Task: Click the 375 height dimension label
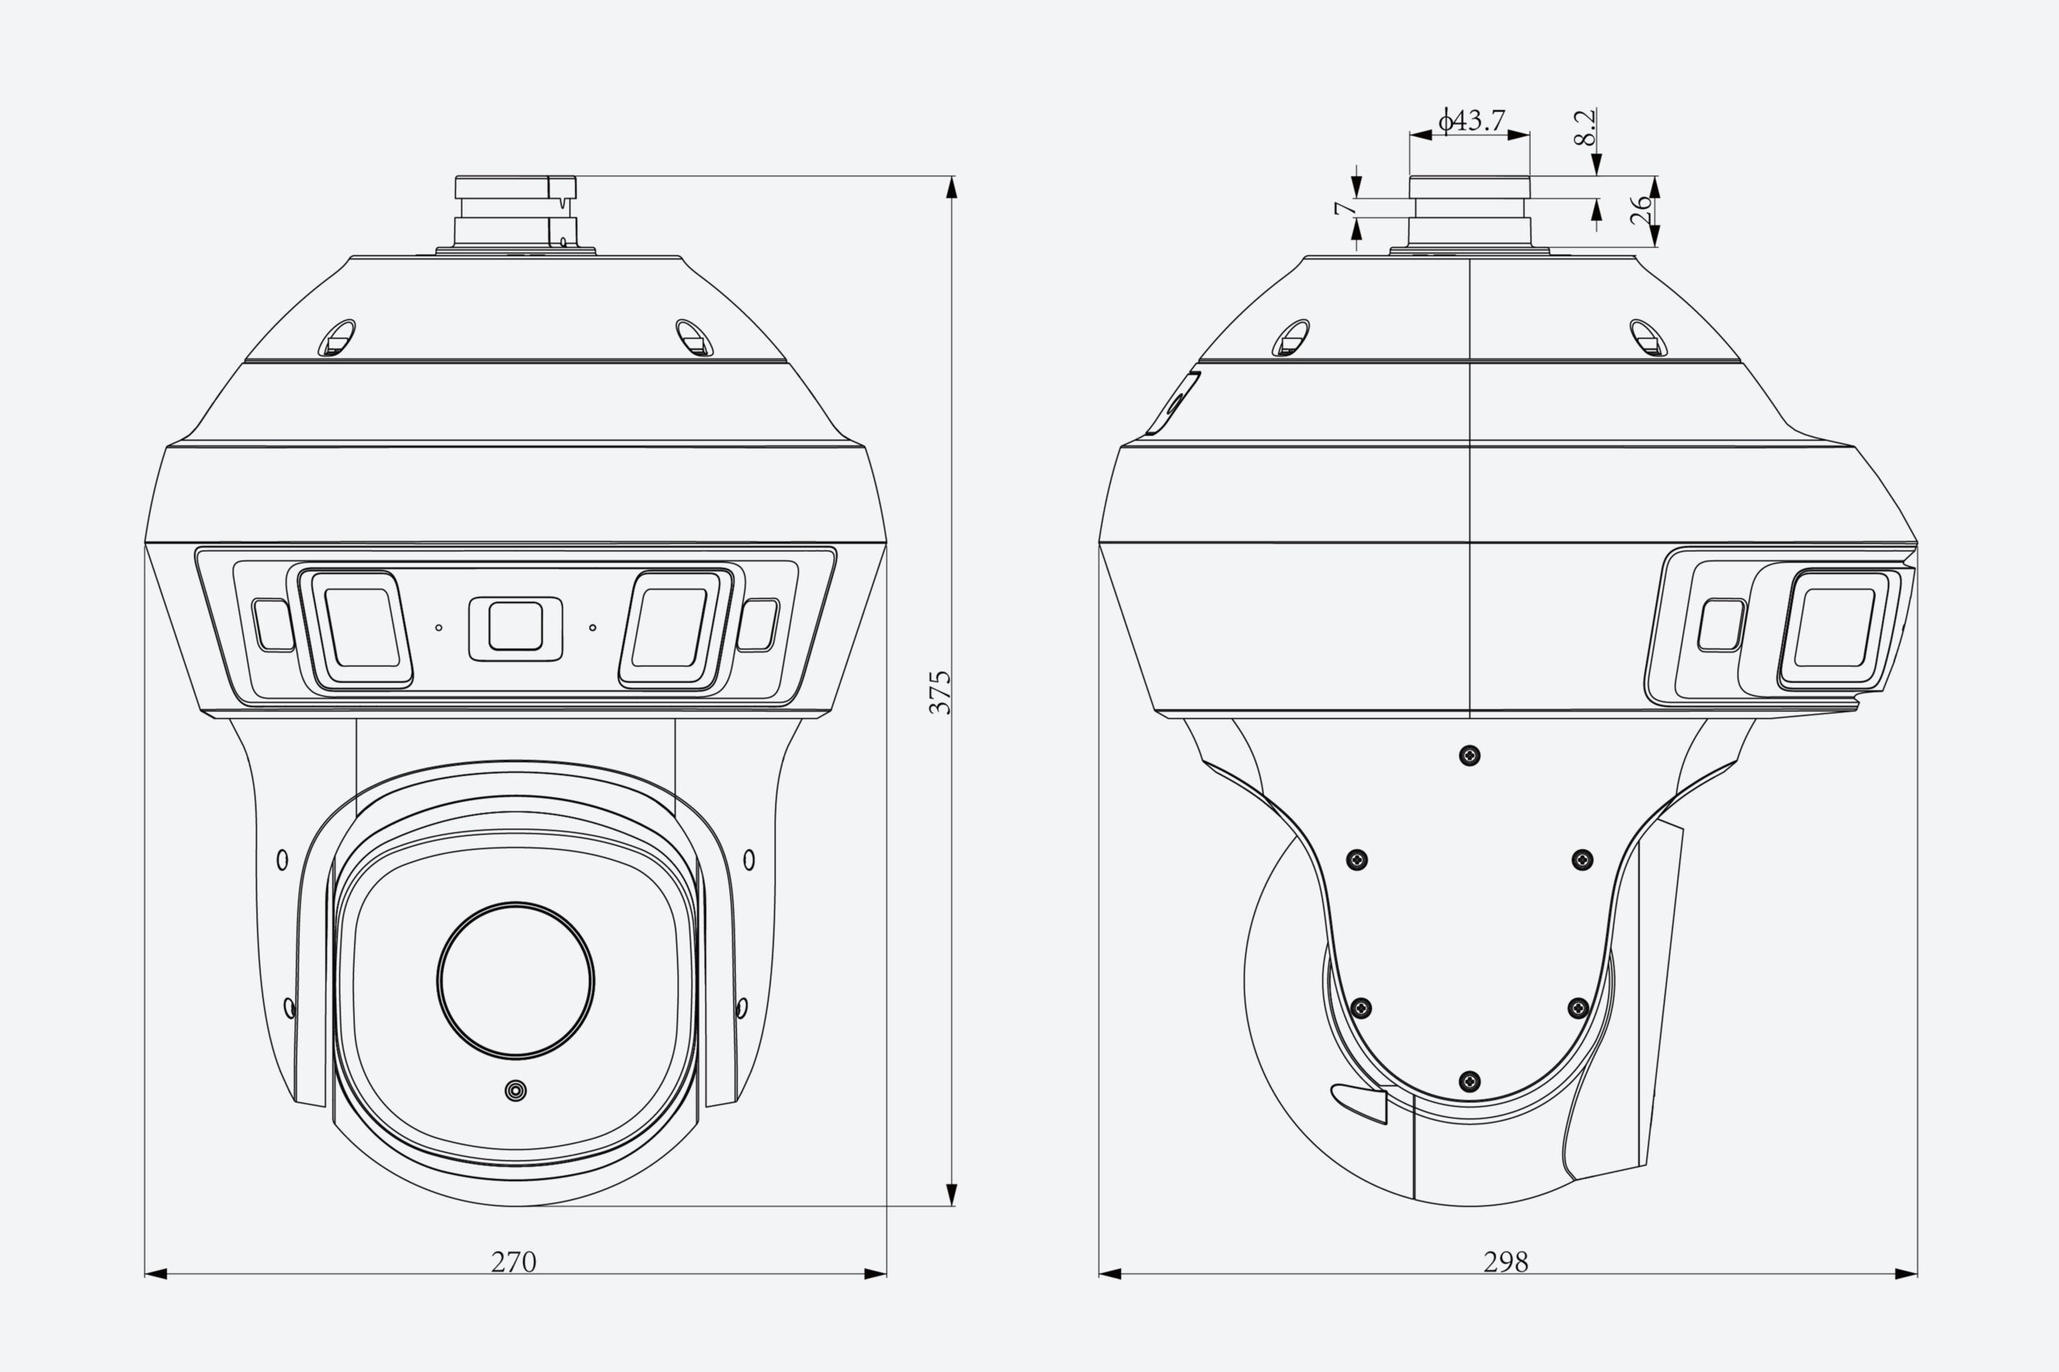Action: [x=939, y=692]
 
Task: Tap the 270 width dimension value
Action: [x=514, y=1263]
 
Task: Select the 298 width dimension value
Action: [x=1506, y=1263]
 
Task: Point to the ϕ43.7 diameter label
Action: [x=1472, y=120]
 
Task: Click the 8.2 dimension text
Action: [x=1584, y=128]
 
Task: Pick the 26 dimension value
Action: [x=1642, y=210]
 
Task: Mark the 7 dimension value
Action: [x=1342, y=208]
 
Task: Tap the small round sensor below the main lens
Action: [x=516, y=1091]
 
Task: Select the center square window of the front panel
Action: [x=516, y=626]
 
